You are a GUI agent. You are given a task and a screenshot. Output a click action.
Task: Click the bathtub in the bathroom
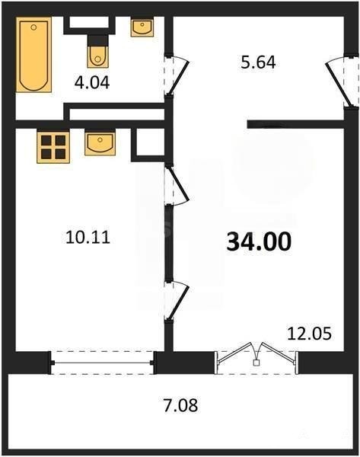[33, 55]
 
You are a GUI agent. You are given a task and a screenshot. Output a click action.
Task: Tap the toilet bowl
[98, 57]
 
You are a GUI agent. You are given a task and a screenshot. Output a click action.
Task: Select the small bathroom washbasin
[142, 27]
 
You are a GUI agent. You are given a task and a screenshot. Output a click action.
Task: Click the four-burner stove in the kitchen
[53, 147]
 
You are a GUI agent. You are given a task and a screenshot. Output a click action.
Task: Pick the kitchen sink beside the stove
[100, 143]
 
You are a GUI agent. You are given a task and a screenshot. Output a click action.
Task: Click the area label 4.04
[92, 83]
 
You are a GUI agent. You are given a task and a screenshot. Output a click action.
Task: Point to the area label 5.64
[258, 62]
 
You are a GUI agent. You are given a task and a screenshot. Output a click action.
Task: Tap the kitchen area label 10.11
[88, 237]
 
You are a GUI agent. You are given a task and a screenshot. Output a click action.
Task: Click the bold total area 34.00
[259, 242]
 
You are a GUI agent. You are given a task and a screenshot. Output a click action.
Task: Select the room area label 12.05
[309, 334]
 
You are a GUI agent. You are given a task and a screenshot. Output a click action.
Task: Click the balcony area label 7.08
[180, 405]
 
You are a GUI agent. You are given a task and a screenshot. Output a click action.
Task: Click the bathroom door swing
[177, 75]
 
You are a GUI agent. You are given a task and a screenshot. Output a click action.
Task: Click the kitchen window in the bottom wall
[102, 363]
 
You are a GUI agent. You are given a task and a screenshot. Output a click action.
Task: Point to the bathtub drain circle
[33, 27]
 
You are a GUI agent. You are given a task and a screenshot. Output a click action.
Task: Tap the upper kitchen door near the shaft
[177, 185]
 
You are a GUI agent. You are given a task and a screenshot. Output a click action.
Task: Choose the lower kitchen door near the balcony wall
[177, 302]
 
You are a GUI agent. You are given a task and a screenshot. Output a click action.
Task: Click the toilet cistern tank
[98, 41]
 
